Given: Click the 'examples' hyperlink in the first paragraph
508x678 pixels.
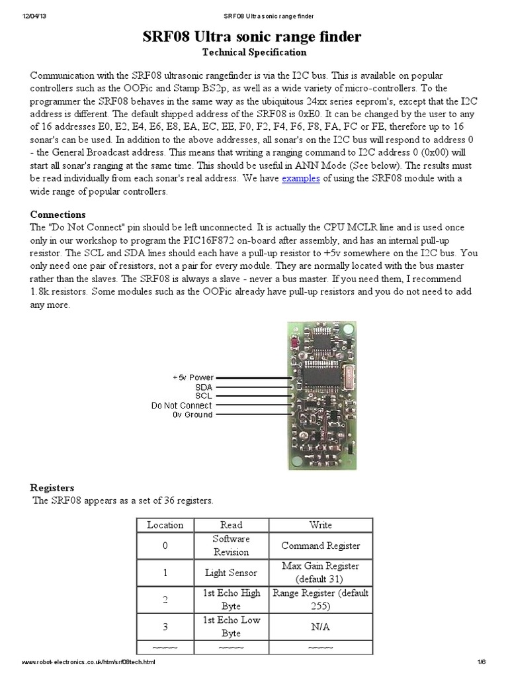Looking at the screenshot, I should (x=301, y=179).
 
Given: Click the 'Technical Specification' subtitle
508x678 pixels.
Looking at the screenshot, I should (x=254, y=52).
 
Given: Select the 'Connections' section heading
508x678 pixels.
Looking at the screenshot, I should (x=58, y=215).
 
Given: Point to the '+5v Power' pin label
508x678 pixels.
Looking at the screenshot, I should (x=192, y=377).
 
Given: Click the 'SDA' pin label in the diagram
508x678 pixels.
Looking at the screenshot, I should (x=203, y=387).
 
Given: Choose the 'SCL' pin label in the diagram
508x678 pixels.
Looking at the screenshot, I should (x=203, y=395).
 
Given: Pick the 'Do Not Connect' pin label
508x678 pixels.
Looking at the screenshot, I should (x=181, y=405).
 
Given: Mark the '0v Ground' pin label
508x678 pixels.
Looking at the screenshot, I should (x=192, y=414).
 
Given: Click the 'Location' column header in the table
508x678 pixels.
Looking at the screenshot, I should (x=165, y=525).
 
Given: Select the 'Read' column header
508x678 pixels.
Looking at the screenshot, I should (x=232, y=525).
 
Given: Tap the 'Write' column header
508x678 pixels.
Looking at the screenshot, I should (x=321, y=525).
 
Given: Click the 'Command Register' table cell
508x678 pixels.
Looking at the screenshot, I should (x=321, y=546).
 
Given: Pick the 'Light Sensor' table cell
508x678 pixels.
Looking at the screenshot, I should (x=232, y=572).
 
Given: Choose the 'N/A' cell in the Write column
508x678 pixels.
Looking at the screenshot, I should (x=321, y=626).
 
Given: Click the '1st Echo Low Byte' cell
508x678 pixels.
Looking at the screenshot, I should (x=232, y=626).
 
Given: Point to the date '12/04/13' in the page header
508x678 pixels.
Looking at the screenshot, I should (x=27, y=15).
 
